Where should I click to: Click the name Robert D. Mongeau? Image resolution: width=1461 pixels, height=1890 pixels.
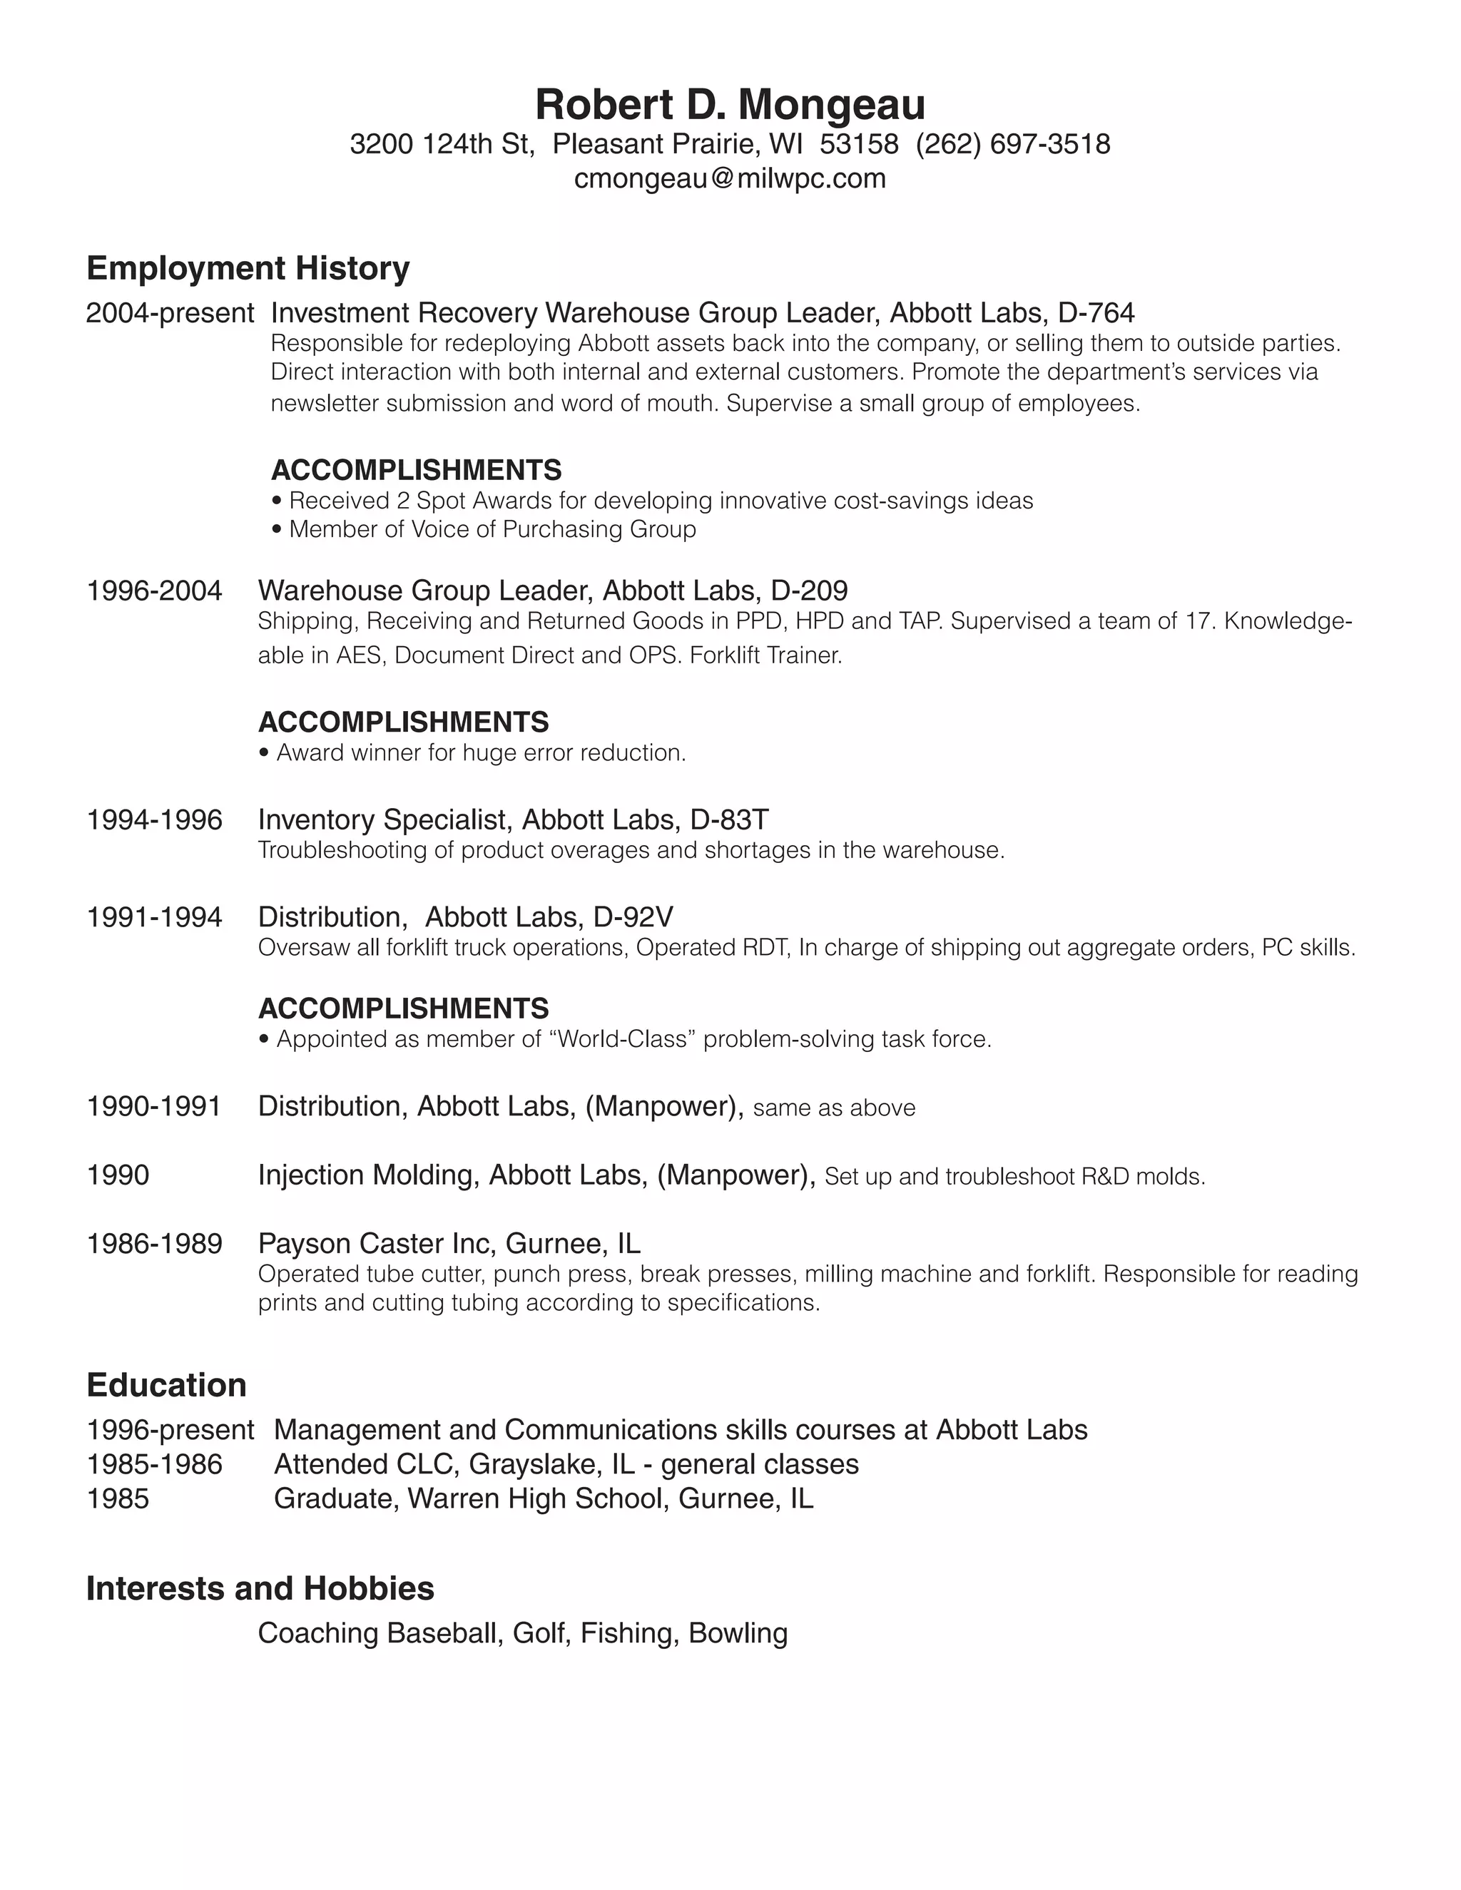pyautogui.click(x=730, y=105)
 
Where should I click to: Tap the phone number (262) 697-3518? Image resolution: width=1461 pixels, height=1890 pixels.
pyautogui.click(x=1013, y=143)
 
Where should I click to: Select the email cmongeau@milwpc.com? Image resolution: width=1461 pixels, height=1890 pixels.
pyautogui.click(x=730, y=178)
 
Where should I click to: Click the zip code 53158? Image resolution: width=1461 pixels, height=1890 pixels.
pyautogui.click(x=859, y=143)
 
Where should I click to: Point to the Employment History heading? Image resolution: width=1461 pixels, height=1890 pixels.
pyautogui.click(x=248, y=268)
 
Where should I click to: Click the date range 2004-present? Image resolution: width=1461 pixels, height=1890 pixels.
pyautogui.click(x=170, y=312)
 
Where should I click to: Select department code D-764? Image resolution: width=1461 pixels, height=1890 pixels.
pyautogui.click(x=1096, y=312)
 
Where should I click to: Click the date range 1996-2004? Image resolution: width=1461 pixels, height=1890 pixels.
pyautogui.click(x=154, y=591)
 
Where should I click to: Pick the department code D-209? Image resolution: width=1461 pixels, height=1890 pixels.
pyautogui.click(x=808, y=591)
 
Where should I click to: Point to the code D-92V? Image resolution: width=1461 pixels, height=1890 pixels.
pyautogui.click(x=633, y=916)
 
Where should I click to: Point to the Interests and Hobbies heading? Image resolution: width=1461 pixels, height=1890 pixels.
pyautogui.click(x=260, y=1588)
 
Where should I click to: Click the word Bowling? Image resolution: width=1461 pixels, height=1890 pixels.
pyautogui.click(x=738, y=1633)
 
